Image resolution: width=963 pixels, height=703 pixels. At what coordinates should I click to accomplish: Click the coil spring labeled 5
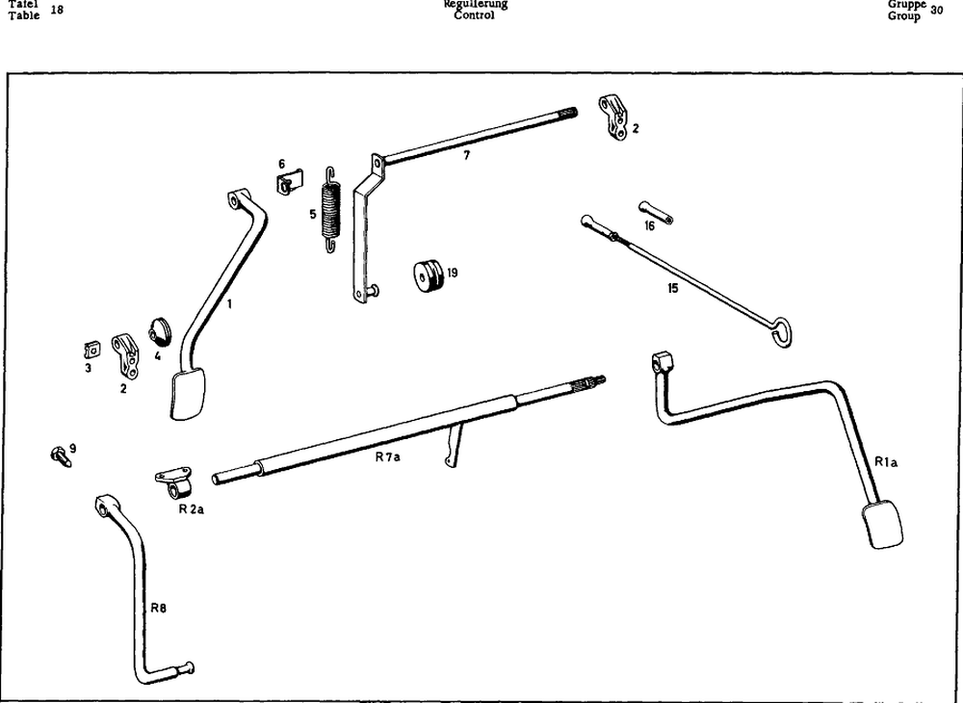click(x=331, y=211)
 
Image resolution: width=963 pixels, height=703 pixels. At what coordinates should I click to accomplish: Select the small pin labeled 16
click(x=656, y=212)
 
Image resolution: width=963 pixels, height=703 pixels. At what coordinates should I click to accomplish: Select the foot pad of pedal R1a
click(x=882, y=525)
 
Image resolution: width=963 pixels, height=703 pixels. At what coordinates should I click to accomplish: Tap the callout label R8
click(x=159, y=608)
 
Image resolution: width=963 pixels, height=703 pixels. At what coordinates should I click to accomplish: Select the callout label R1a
click(x=887, y=462)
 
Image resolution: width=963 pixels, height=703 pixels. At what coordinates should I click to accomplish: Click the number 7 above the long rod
click(x=466, y=155)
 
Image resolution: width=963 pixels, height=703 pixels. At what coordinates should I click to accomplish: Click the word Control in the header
click(x=474, y=15)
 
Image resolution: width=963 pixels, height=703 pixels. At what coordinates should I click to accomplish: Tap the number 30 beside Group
click(x=937, y=10)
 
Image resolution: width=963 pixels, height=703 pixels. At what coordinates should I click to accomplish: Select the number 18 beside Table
click(x=56, y=10)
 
